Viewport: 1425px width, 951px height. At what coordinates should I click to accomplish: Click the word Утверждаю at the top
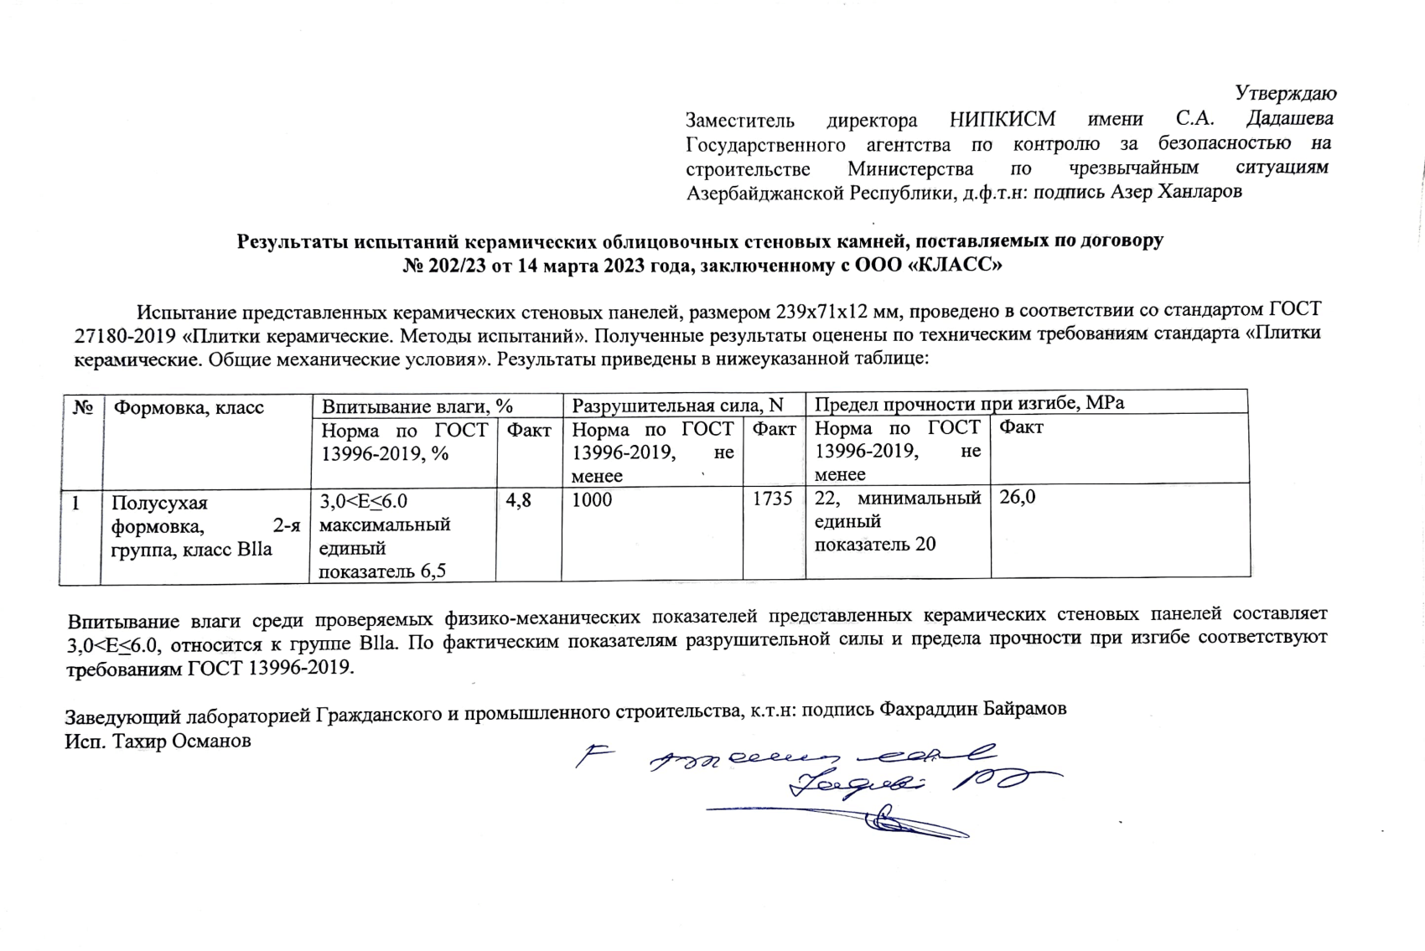pos(1286,93)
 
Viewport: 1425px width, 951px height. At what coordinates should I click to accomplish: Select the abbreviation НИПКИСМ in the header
pos(1003,119)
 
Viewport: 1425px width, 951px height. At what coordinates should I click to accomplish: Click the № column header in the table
pos(82,407)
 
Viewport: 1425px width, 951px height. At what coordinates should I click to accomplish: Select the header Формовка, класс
pos(189,408)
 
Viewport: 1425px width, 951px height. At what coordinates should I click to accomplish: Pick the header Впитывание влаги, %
pos(417,406)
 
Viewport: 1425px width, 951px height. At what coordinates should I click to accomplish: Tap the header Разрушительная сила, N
pos(677,406)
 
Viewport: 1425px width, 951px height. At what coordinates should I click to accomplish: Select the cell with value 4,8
pos(518,500)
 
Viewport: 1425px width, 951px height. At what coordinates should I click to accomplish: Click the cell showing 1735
pos(772,499)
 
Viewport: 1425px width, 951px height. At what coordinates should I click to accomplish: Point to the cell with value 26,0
pos(1018,498)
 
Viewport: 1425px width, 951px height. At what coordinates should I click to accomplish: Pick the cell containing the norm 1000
pos(592,500)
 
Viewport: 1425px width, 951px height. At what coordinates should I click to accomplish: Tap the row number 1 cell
pos(76,504)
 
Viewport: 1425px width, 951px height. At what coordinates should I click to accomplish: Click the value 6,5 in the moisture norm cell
pos(429,571)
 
